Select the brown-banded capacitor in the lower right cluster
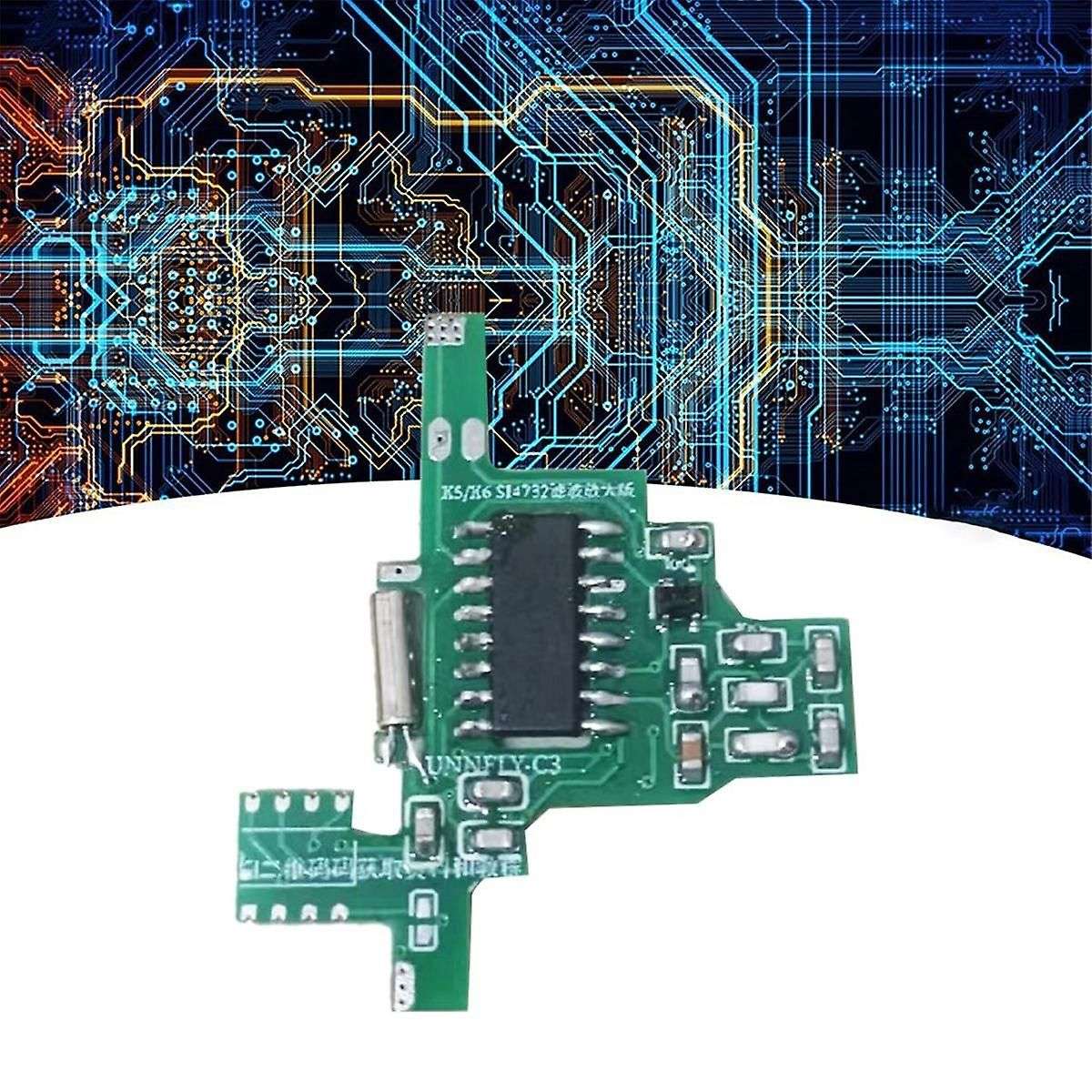pos(689,737)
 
